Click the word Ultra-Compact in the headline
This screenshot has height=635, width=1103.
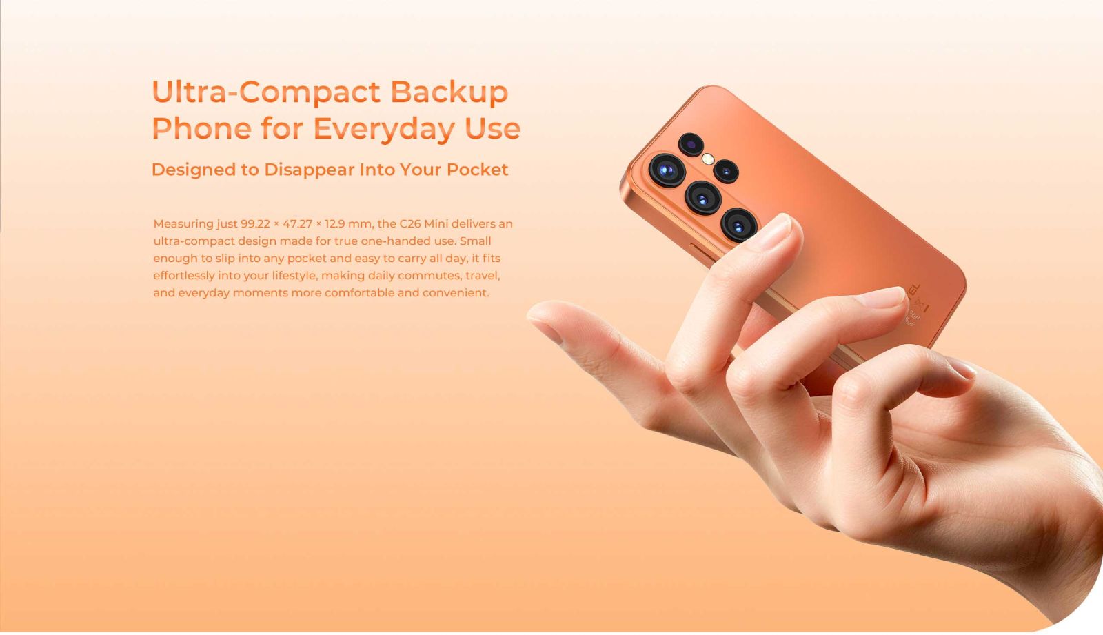click(x=266, y=92)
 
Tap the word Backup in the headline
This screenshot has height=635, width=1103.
click(x=449, y=92)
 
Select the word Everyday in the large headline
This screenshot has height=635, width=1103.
click(x=384, y=129)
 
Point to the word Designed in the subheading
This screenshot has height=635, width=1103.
click(x=194, y=170)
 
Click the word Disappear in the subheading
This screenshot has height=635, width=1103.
click(x=310, y=170)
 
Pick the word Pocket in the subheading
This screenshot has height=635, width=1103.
click(x=477, y=170)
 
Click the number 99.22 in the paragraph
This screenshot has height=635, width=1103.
click(x=255, y=223)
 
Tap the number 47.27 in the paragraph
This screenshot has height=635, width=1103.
click(x=297, y=223)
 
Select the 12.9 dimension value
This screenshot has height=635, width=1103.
click(x=334, y=223)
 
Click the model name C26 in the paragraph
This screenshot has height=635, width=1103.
click(x=409, y=223)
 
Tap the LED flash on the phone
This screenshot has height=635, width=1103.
click(x=708, y=159)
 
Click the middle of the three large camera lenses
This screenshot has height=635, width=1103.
click(x=703, y=198)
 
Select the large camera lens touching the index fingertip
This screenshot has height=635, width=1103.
click(x=738, y=225)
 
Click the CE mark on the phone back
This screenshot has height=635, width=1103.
click(x=912, y=315)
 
